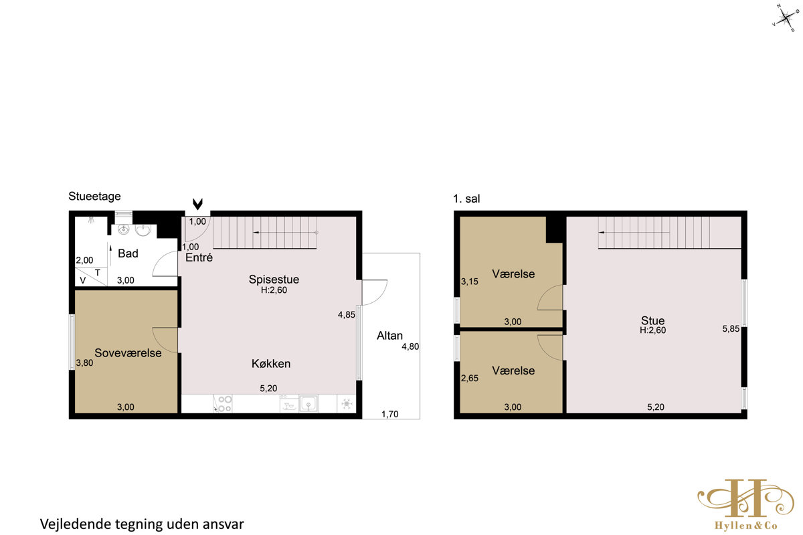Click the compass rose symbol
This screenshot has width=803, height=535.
pyautogui.click(x=785, y=17)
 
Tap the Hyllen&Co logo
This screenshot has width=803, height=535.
pyautogui.click(x=745, y=504)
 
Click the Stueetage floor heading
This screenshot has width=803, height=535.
pyautogui.click(x=94, y=197)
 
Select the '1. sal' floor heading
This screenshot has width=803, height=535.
pyautogui.click(x=466, y=199)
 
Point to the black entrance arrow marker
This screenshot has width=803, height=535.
pyautogui.click(x=197, y=204)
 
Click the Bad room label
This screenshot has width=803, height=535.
pyautogui.click(x=128, y=253)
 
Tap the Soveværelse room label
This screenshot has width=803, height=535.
pyautogui.click(x=128, y=353)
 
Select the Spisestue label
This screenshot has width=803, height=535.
pyautogui.click(x=274, y=279)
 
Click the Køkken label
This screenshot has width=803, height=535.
pyautogui.click(x=271, y=363)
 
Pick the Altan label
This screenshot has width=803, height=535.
pyautogui.click(x=389, y=336)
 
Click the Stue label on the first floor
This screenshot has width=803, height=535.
pyautogui.click(x=653, y=320)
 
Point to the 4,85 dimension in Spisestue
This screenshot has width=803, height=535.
pyautogui.click(x=347, y=314)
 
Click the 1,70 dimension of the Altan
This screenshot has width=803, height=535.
pyautogui.click(x=390, y=414)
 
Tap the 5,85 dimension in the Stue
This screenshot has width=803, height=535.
pyautogui.click(x=731, y=328)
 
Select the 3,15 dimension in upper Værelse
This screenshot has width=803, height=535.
pyautogui.click(x=470, y=282)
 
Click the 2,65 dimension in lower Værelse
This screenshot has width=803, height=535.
pyautogui.click(x=470, y=378)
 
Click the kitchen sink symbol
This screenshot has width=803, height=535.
pyautogui.click(x=308, y=404)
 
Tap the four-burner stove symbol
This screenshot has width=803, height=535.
pyautogui.click(x=223, y=404)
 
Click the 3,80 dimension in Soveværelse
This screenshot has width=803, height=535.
pyautogui.click(x=84, y=362)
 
